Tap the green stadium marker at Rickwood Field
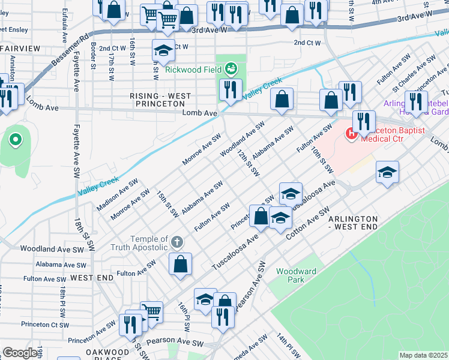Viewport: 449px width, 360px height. point(231,69)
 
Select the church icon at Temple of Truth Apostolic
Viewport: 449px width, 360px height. point(176,242)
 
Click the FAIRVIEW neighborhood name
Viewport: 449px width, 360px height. point(20,47)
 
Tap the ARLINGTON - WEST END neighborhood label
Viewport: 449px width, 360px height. point(353,223)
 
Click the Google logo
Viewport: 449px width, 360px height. point(20,353)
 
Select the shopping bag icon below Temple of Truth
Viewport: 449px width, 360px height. point(181,263)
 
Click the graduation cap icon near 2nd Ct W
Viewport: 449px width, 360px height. point(162,51)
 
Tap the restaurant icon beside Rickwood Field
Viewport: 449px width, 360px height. point(231,90)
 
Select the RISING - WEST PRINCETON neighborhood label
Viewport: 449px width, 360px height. point(161,100)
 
